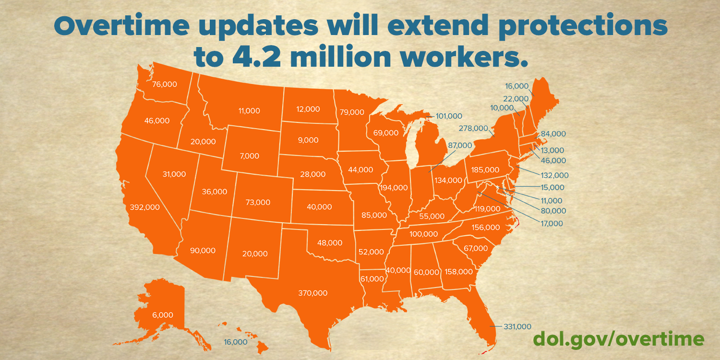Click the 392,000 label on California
[144, 207]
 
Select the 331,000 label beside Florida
[517, 326]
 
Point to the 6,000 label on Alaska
[163, 315]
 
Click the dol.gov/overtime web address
[618, 339]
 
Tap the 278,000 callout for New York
[473, 128]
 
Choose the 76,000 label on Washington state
[164, 84]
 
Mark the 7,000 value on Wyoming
[249, 156]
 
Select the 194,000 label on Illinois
[394, 188]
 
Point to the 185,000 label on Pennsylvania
[485, 169]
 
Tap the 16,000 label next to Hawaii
[236, 342]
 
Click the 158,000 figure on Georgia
[458, 272]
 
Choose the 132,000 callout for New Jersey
[554, 175]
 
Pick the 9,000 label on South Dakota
[308, 140]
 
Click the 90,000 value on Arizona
[203, 251]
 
